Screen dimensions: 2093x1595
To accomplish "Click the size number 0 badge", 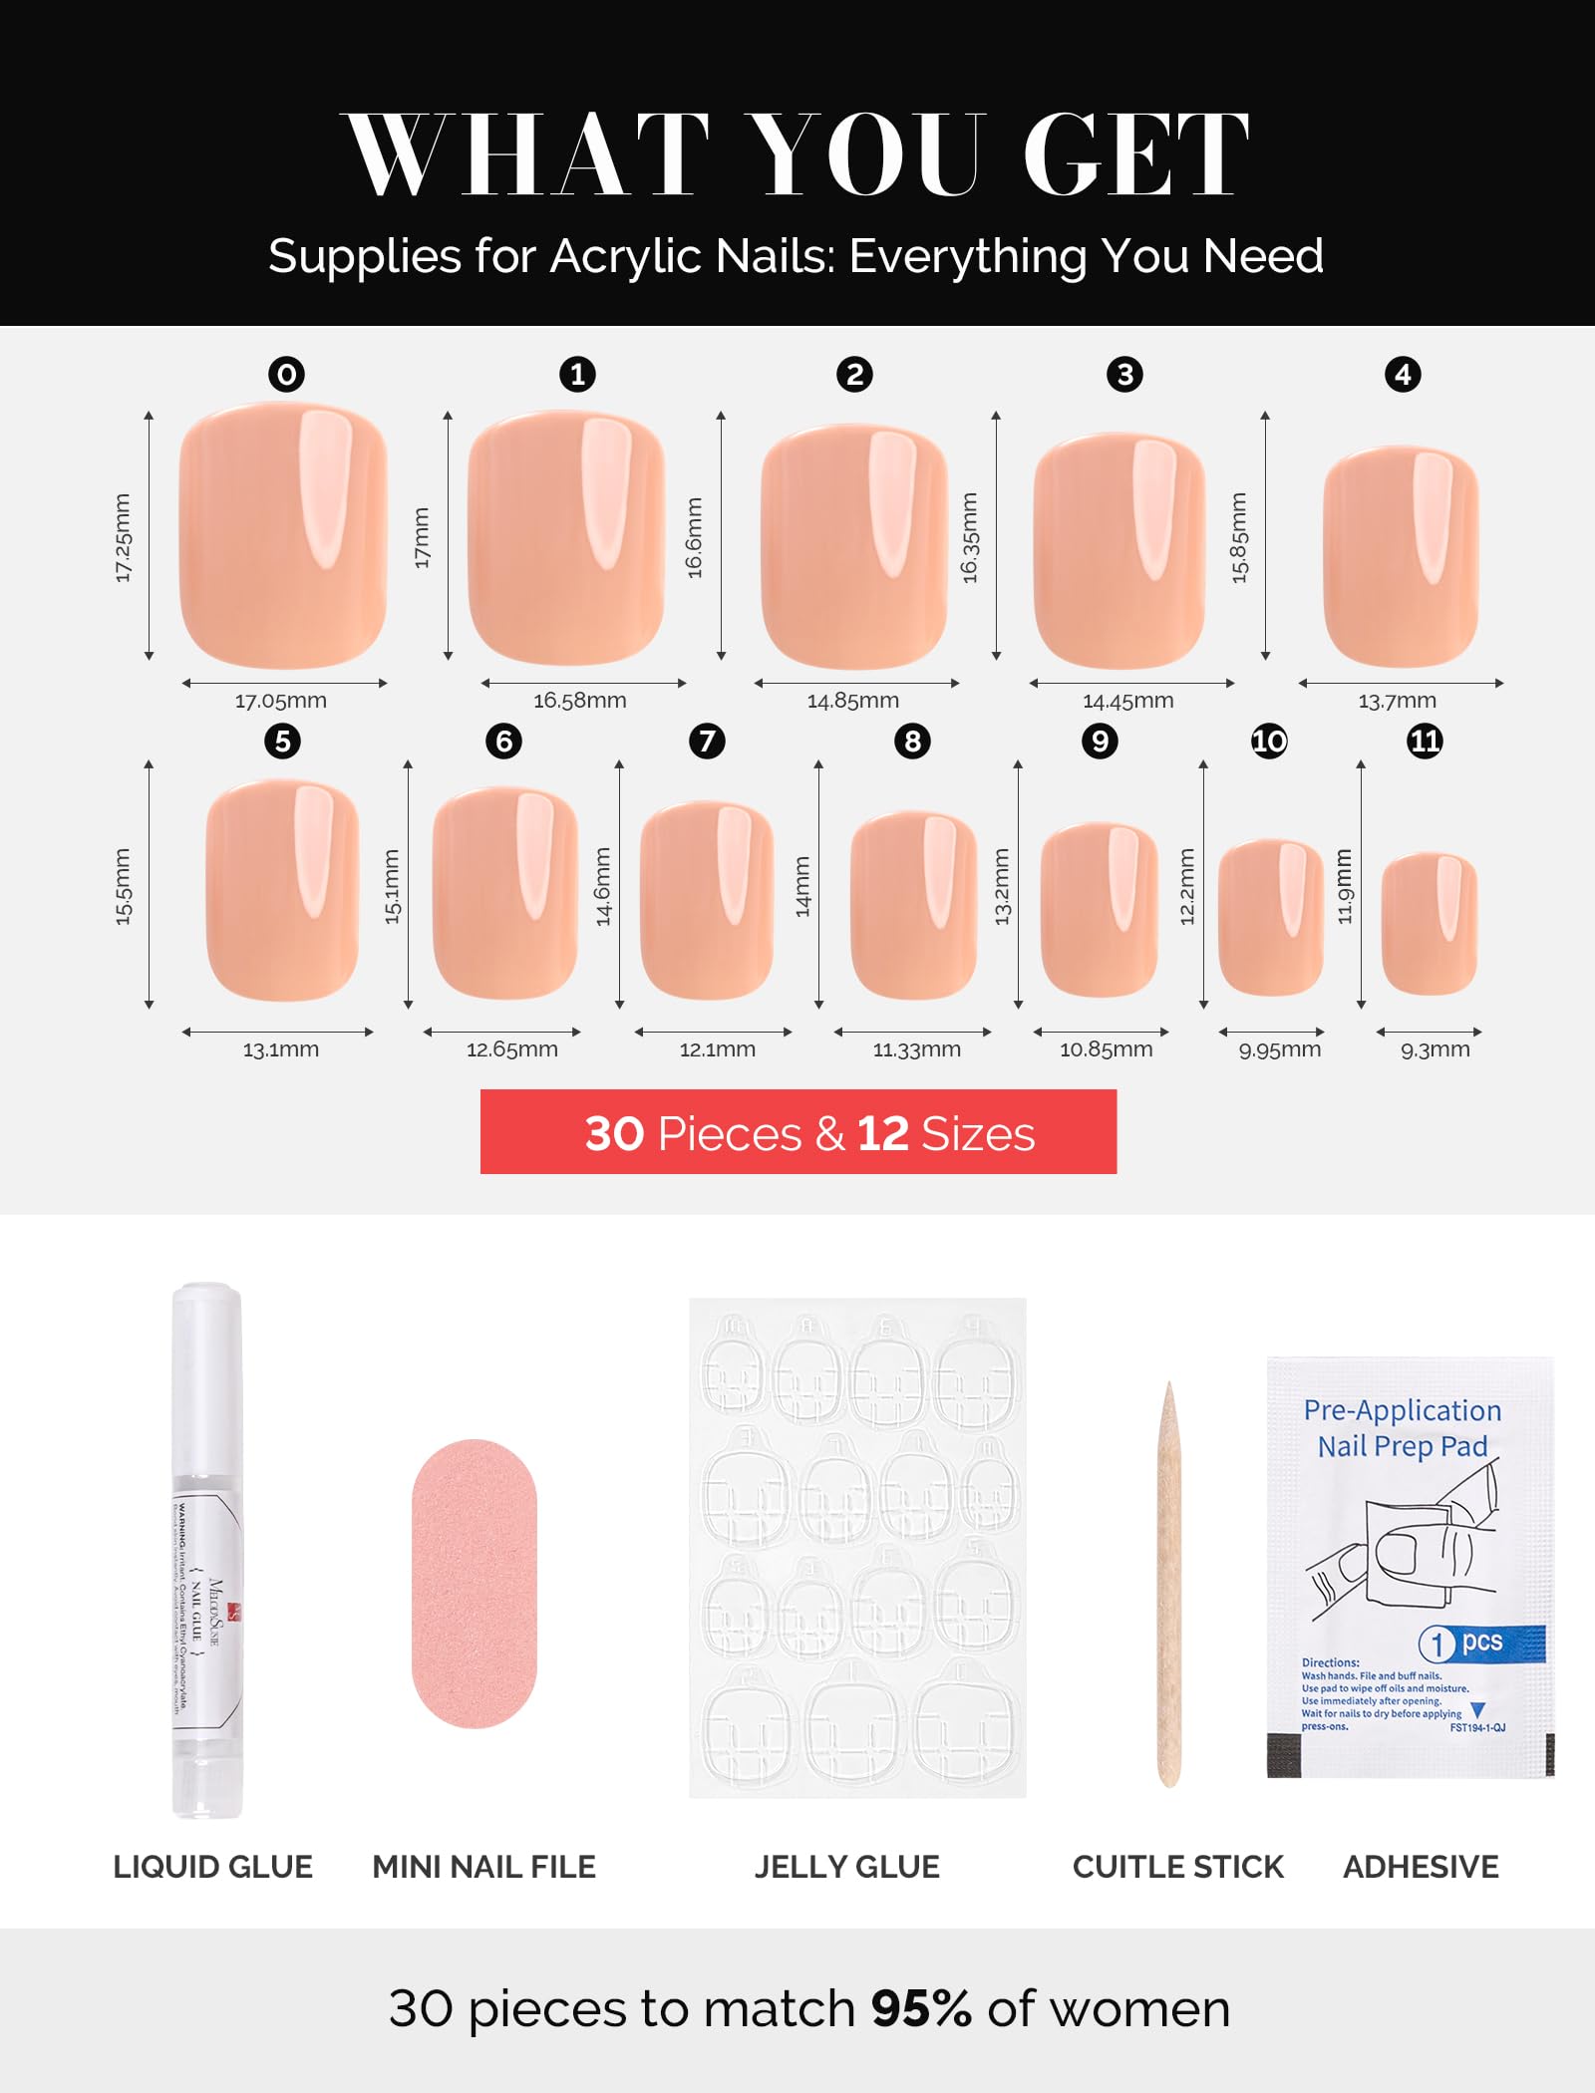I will click(x=286, y=375).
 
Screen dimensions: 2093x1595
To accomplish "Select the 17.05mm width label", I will click(x=281, y=701).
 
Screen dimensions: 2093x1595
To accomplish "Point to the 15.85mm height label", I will click(x=1239, y=538).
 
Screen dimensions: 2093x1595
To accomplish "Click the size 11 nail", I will click(x=1429, y=923).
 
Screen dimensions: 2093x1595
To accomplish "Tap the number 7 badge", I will click(x=707, y=742).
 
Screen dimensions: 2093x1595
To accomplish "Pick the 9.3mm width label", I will click(x=1435, y=1049).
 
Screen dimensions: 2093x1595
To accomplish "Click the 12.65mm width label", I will click(x=512, y=1049).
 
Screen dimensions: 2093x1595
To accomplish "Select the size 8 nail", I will click(x=913, y=905).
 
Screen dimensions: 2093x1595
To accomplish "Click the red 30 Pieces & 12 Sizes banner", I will click(x=797, y=1132).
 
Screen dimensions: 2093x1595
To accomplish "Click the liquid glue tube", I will click(x=207, y=1550).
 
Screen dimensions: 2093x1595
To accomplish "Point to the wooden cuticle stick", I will click(x=1169, y=1585).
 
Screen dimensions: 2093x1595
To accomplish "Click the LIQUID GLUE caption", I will click(x=212, y=1867).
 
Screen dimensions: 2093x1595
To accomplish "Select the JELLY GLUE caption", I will click(x=846, y=1867).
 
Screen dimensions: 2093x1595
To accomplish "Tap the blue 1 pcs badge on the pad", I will click(x=1479, y=1643).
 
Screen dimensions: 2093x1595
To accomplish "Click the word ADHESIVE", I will click(x=1421, y=1867).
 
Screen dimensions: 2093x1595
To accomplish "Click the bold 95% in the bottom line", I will click(x=920, y=2008).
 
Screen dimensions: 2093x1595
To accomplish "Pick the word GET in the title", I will click(x=1135, y=154).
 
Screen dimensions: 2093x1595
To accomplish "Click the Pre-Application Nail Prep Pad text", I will click(x=1402, y=1427).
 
